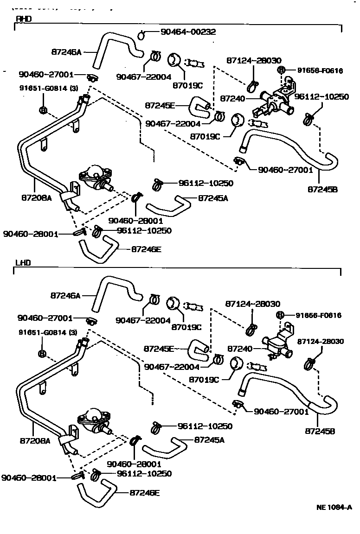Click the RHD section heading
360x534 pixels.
(23, 19)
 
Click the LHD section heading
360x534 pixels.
(23, 262)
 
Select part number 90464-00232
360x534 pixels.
(188, 32)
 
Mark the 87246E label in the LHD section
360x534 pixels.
(145, 493)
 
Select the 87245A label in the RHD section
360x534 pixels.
(213, 198)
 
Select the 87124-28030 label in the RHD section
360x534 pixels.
(254, 60)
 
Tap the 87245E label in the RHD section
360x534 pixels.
(160, 105)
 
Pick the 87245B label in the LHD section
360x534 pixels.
(320, 431)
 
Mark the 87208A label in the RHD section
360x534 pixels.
(36, 197)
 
